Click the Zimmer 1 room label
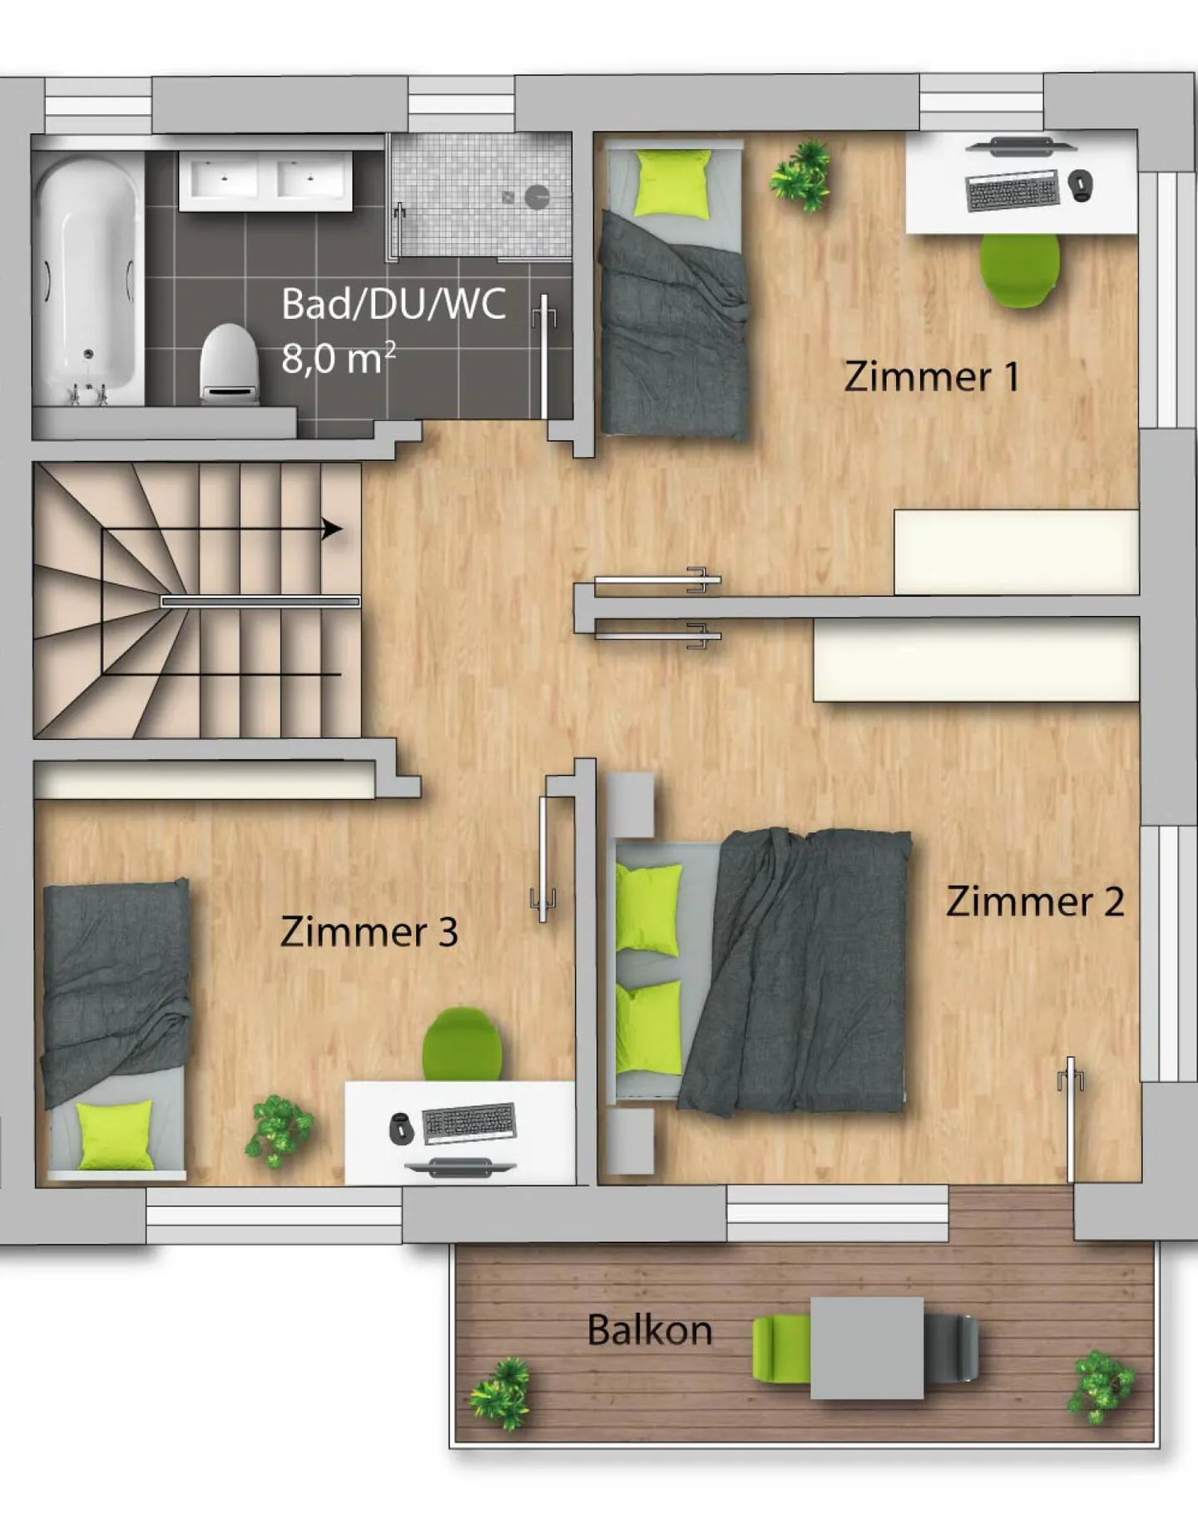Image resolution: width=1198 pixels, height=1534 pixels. click(x=931, y=376)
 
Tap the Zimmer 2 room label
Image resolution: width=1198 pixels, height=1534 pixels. click(x=1034, y=901)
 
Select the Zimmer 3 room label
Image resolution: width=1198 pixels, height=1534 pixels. click(x=369, y=931)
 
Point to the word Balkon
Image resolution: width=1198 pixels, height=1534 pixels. click(x=649, y=1330)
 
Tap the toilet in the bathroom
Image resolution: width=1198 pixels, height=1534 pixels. click(x=229, y=364)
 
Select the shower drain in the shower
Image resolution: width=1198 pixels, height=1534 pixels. click(x=537, y=196)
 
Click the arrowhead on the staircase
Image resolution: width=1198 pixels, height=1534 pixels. click(x=332, y=529)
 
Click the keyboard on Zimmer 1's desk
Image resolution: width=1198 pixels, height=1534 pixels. click(x=1012, y=191)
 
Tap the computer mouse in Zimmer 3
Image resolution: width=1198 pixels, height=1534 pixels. click(x=402, y=1128)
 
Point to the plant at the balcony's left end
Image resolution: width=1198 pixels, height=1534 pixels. click(x=500, y=1394)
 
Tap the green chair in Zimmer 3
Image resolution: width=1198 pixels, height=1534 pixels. click(x=462, y=1045)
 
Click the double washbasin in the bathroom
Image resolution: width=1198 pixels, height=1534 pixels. click(x=265, y=180)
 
